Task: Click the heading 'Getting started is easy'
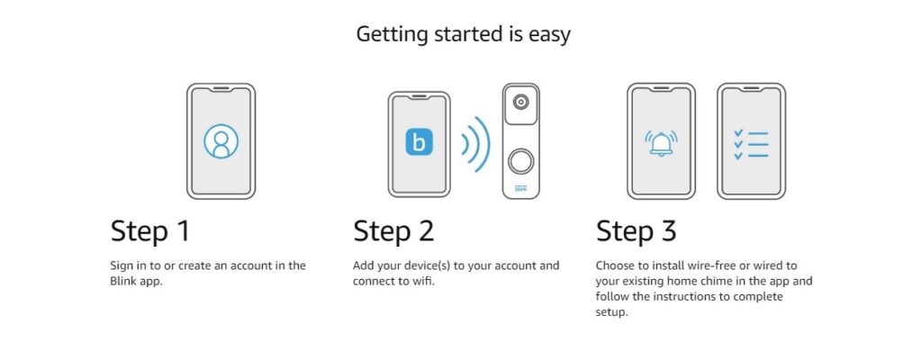point(464,35)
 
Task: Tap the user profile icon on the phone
point(221,141)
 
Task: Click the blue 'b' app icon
point(420,142)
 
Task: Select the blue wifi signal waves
point(475,145)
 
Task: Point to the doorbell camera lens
point(520,103)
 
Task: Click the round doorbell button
point(521,161)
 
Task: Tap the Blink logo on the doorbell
point(521,189)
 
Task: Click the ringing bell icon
point(661,142)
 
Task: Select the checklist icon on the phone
point(751,142)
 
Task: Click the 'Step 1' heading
point(150,232)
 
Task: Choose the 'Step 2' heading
point(393,232)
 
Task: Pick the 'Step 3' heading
point(637,232)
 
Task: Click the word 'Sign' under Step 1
point(122,265)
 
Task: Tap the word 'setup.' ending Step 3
point(611,311)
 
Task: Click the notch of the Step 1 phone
point(221,89)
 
